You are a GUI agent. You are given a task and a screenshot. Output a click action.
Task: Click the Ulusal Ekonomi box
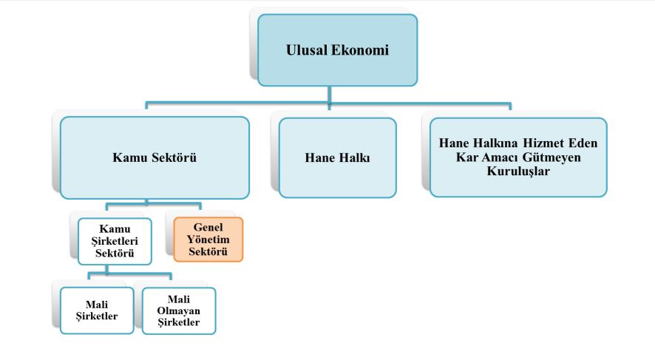(x=337, y=50)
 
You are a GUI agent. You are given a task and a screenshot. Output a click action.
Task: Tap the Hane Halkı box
(x=337, y=157)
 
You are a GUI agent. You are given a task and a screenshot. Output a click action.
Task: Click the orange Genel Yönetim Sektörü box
(x=208, y=239)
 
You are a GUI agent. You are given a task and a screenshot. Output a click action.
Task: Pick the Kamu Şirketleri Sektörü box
(x=115, y=240)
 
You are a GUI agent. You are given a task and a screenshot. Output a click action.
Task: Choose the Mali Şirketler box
(x=98, y=311)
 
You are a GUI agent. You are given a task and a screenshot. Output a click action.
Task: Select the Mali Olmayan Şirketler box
(x=179, y=311)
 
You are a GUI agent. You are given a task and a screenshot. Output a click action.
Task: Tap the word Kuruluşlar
(x=518, y=170)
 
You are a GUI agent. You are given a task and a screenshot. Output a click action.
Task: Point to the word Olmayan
(x=179, y=311)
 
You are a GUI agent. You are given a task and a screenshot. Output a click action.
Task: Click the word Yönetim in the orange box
(x=208, y=239)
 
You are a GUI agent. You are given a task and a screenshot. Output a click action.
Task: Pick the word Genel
(x=208, y=227)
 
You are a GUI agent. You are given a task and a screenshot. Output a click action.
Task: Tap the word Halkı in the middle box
(x=354, y=157)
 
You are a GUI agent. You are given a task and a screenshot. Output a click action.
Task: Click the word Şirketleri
(x=115, y=240)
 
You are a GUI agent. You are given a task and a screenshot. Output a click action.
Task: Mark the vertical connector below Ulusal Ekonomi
(x=330, y=92)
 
